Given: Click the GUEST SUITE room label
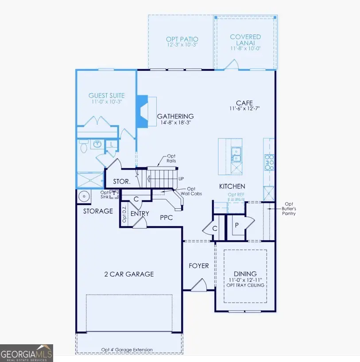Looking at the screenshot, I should click(106, 95).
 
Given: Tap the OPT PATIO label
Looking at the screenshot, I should click(182, 39).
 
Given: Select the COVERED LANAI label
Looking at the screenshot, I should click(245, 40).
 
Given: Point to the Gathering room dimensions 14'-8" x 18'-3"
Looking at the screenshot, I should click(175, 124).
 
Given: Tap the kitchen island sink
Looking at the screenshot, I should click(237, 154).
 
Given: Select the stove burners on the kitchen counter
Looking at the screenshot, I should click(269, 163).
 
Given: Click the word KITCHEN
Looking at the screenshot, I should click(232, 187).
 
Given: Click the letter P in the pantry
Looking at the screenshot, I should click(237, 225).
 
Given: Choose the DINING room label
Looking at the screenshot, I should click(245, 274).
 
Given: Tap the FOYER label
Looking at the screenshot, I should click(199, 266).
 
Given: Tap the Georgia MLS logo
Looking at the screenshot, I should click(27, 353).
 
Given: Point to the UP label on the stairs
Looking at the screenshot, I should click(181, 178).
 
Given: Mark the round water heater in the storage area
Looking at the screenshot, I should click(83, 196).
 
